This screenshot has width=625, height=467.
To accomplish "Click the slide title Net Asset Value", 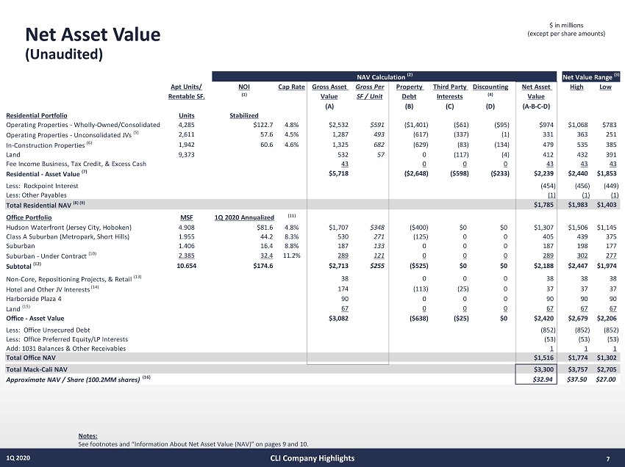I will coord(93,34).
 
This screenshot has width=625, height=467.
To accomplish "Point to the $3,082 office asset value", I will coord(337,318).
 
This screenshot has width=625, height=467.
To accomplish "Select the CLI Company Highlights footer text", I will coord(312,458).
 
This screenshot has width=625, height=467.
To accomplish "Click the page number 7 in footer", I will coord(608,459).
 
